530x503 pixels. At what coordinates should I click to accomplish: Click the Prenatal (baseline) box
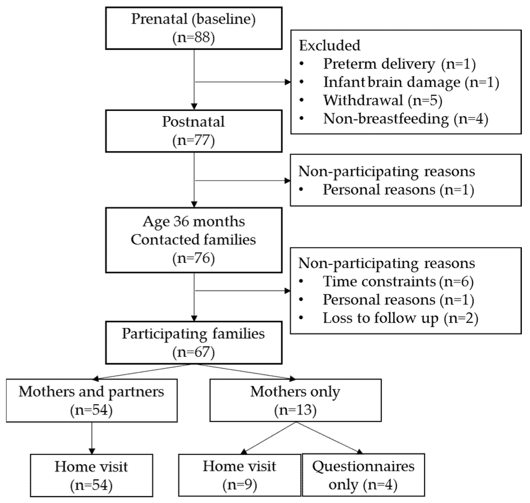pyautogui.click(x=193, y=28)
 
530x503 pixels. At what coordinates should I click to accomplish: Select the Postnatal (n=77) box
pyautogui.click(x=193, y=131)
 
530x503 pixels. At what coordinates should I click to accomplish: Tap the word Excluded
pyautogui.click(x=330, y=45)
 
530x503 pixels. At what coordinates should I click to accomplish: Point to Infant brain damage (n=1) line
pyautogui.click(x=411, y=82)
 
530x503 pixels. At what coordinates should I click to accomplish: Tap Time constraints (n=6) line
pyautogui.click(x=398, y=281)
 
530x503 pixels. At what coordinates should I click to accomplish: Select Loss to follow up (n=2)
pyautogui.click(x=400, y=318)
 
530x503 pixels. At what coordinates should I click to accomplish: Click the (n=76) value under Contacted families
pyautogui.click(x=193, y=258)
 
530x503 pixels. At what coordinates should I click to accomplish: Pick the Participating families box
pyautogui.click(x=193, y=343)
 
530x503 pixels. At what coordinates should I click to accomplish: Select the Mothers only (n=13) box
pyautogui.click(x=295, y=400)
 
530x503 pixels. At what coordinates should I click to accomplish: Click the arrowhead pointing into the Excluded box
pyautogui.click(x=287, y=82)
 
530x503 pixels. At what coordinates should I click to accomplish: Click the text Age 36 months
pyautogui.click(x=193, y=222)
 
